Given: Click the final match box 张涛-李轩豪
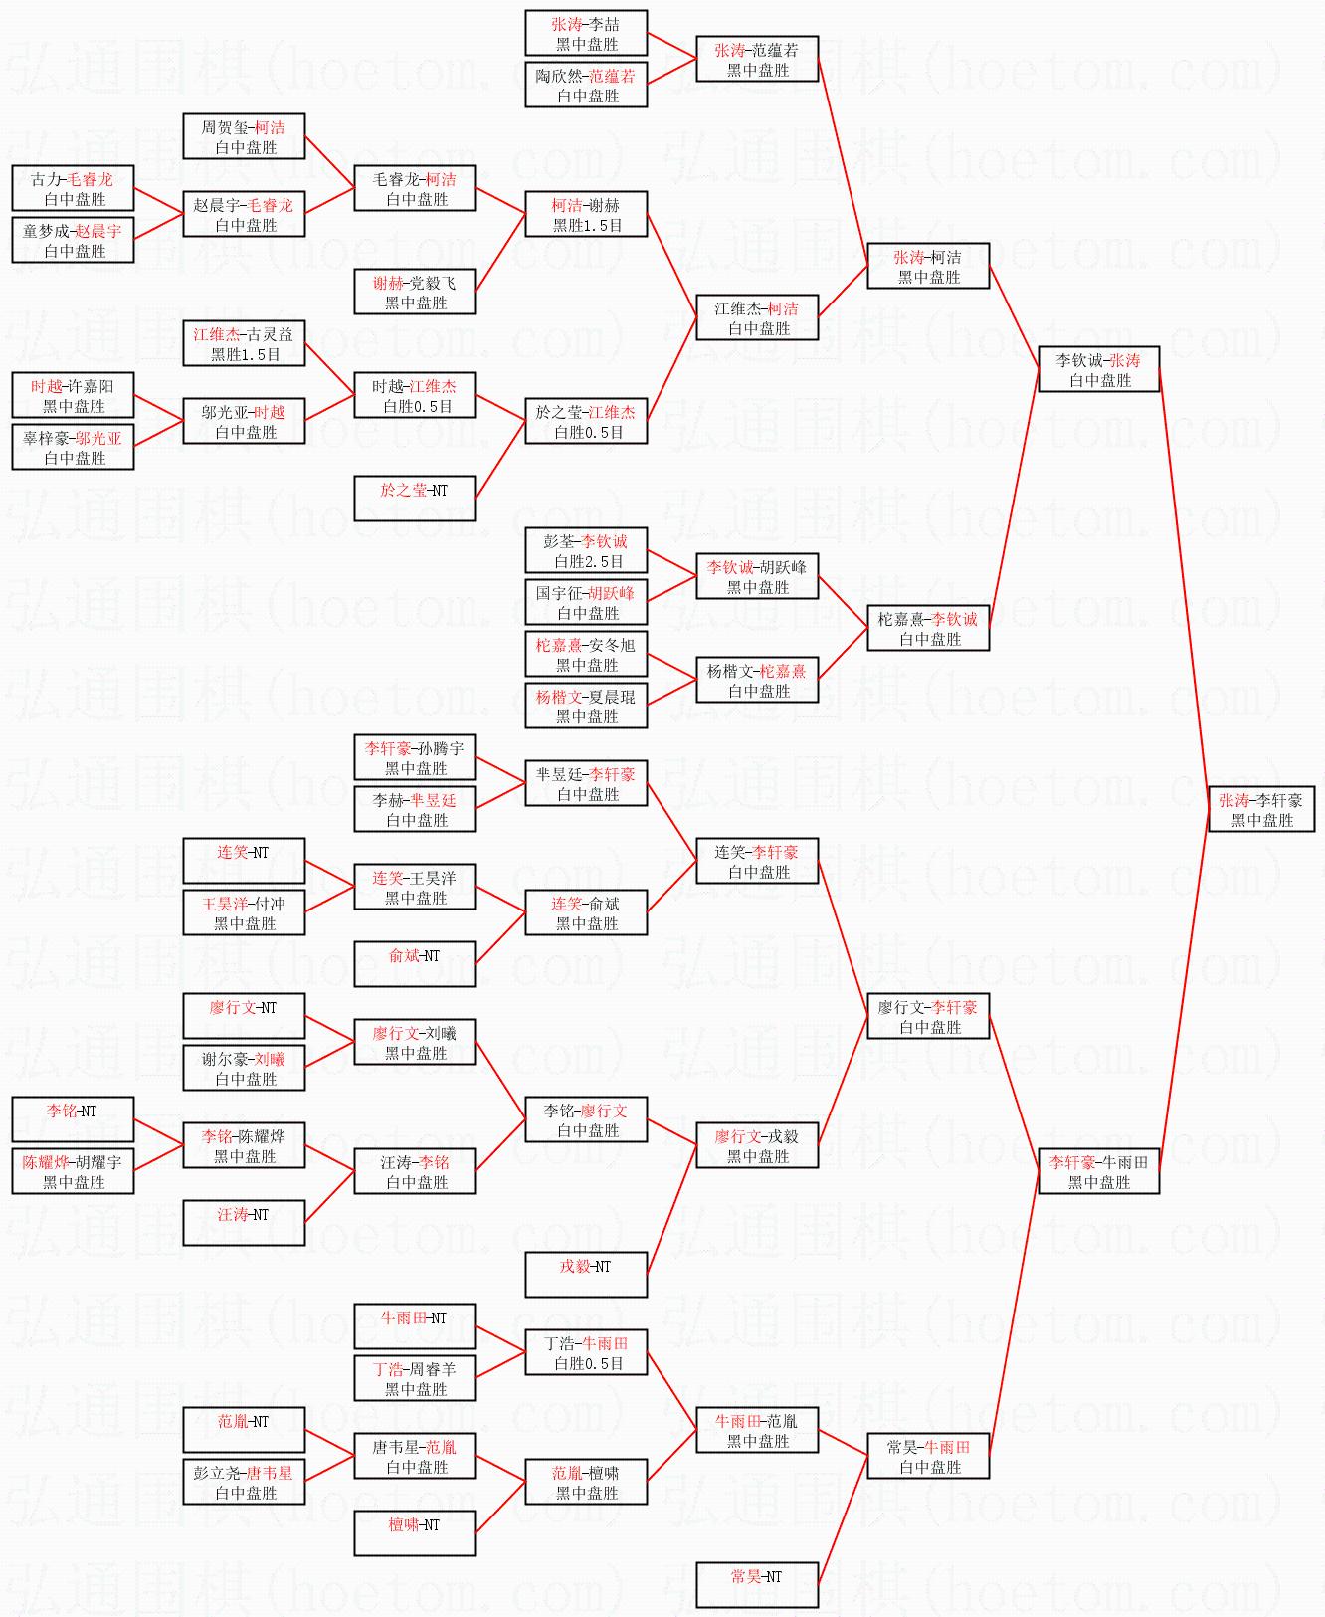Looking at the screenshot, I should click(1261, 810).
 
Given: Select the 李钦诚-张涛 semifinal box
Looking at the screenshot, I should click(1098, 369).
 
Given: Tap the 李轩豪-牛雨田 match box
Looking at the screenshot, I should click(1098, 1171).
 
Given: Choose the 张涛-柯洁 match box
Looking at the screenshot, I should click(928, 266).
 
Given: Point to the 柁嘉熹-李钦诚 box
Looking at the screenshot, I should click(928, 628).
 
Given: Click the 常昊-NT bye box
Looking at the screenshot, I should click(757, 1585).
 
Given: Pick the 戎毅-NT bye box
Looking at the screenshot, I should click(586, 1275).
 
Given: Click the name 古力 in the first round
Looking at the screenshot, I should click(45, 180).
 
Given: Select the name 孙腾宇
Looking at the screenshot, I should click(441, 749).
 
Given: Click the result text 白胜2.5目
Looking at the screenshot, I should click(588, 562).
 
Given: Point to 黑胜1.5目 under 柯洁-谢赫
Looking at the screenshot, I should click(588, 226).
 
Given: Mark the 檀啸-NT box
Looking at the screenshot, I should click(415, 1533).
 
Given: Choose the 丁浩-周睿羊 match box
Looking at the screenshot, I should click(415, 1378).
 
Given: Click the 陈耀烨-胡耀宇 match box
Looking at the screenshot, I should click(73, 1171).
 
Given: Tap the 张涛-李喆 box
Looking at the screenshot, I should click(586, 33).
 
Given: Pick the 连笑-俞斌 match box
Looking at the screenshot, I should click(586, 912).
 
